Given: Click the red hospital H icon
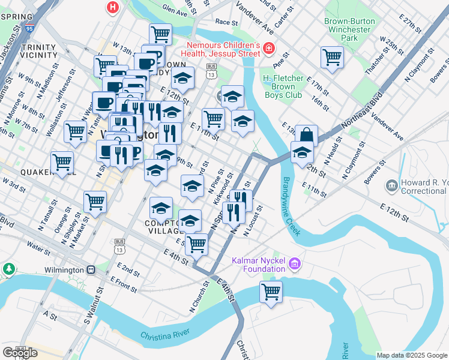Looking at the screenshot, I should pos(112,8).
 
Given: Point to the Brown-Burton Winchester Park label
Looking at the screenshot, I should pos(350,29).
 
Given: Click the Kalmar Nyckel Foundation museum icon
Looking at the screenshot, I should pos(295,263).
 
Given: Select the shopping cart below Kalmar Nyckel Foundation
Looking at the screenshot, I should pos(271,292).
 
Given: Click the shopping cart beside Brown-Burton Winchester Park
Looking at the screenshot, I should pos(332,58).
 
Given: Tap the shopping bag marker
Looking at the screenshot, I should pos(306,136).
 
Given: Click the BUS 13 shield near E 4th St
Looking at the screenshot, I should pos(119,245).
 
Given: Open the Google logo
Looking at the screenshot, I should pos(20,353).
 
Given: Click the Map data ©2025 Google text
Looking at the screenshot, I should pos(412,355).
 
